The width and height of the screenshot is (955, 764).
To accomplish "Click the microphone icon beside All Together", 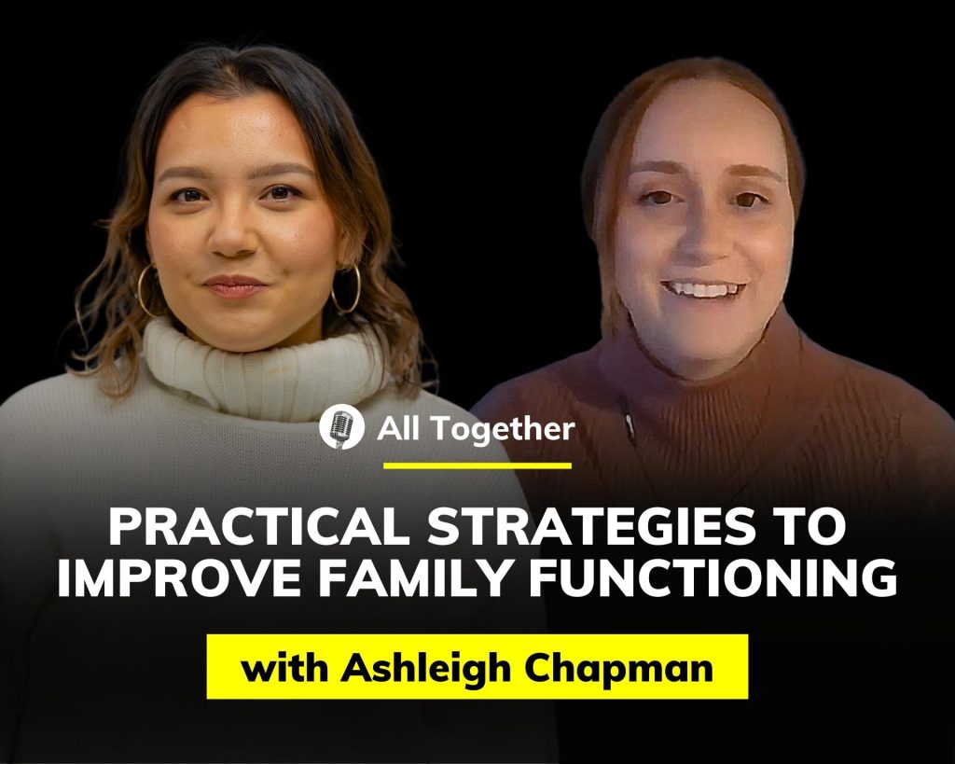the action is [341, 427].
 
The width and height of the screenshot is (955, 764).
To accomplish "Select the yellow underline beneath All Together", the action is [477, 466].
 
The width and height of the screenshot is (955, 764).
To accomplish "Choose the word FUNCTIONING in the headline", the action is [713, 578].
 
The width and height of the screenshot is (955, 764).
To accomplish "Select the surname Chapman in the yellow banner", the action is [619, 669].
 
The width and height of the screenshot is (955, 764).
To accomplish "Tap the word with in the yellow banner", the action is [285, 667].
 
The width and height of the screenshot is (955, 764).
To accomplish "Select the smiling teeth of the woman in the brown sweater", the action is [703, 289].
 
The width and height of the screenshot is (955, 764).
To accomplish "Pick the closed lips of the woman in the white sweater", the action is [234, 285].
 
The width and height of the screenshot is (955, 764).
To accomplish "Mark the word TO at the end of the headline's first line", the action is [813, 528].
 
